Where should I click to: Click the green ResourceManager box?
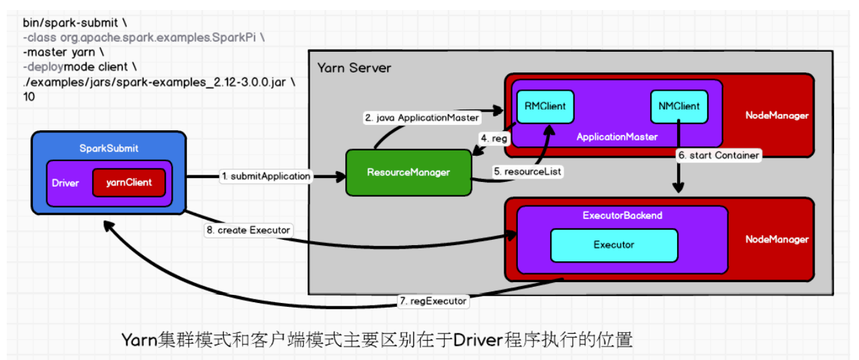tap(408, 173)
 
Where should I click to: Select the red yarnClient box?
tap(128, 182)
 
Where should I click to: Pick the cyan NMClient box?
tap(679, 106)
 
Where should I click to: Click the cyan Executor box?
tap(613, 245)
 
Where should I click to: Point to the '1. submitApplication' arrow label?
tap(267, 176)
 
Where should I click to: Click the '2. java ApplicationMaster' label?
tap(422, 118)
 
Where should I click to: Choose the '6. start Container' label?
tap(718, 155)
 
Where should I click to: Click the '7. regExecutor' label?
tap(433, 301)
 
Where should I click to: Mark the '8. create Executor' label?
tap(248, 230)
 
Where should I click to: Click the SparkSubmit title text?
tap(108, 147)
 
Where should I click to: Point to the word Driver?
tap(65, 183)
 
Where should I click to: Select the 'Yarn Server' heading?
tap(353, 68)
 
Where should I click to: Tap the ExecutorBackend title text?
tap(622, 216)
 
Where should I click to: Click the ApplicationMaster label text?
tap(617, 136)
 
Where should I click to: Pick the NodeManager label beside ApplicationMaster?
tap(776, 116)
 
